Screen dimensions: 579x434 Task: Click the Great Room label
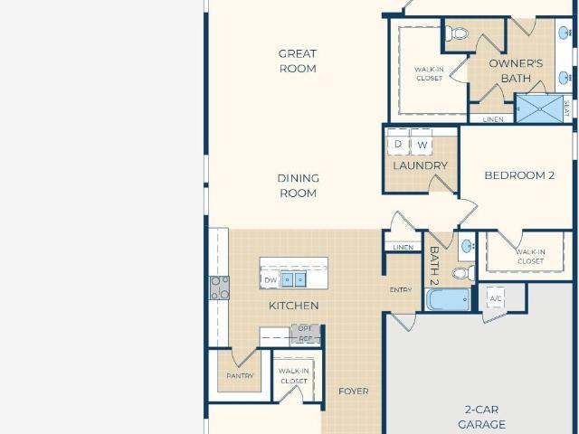click(x=298, y=61)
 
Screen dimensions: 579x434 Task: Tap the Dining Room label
click(x=299, y=185)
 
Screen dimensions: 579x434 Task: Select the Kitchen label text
click(x=293, y=306)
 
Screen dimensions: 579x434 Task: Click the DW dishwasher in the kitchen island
click(x=271, y=280)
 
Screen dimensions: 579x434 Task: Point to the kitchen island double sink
click(x=294, y=279)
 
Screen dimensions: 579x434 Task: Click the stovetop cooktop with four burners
click(x=219, y=288)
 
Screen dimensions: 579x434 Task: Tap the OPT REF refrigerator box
click(x=306, y=334)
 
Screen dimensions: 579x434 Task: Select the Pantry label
click(x=240, y=376)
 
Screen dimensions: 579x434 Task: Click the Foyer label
click(x=354, y=392)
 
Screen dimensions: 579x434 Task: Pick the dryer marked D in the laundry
click(x=398, y=143)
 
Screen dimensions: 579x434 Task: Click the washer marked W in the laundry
click(x=422, y=143)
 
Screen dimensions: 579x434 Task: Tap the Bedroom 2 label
click(x=519, y=175)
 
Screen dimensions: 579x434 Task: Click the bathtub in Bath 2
click(x=449, y=299)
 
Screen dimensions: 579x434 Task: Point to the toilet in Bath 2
click(x=463, y=273)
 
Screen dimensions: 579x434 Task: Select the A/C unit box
click(x=496, y=298)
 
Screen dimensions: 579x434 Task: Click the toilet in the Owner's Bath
click(x=457, y=33)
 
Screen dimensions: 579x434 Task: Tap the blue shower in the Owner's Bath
click(x=539, y=108)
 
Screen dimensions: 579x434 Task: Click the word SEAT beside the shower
click(x=567, y=108)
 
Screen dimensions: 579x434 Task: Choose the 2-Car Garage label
click(x=482, y=417)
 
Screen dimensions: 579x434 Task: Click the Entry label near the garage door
click(x=401, y=290)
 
